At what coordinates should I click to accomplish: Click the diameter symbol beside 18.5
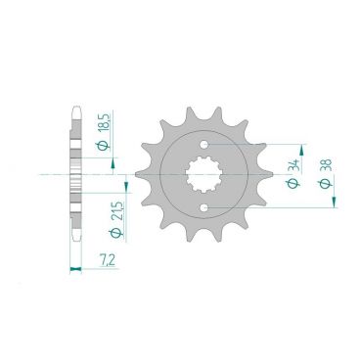[114, 144]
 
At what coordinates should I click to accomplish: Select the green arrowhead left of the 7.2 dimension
[71, 265]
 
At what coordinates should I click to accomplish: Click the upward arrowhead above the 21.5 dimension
[124, 185]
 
